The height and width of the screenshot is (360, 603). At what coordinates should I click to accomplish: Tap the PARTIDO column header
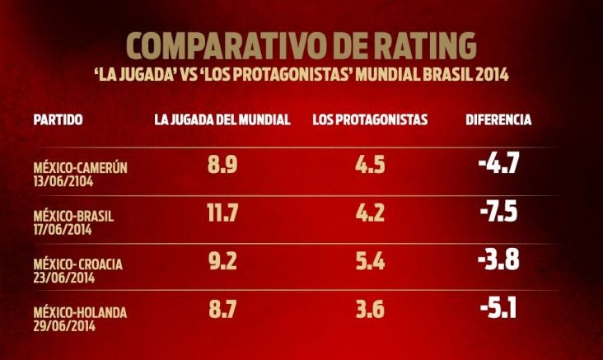58,119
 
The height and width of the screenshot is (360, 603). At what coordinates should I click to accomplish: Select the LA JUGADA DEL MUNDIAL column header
222,119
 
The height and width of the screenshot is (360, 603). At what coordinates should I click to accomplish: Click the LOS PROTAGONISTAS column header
370,119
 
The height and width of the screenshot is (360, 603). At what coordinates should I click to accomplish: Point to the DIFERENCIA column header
498,119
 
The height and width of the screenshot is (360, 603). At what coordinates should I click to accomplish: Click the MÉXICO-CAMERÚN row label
81,168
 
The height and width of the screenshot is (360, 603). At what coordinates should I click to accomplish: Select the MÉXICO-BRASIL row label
73,216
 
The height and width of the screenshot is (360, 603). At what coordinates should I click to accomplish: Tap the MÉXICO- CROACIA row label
78,264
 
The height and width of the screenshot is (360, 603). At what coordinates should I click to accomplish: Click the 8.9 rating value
222,165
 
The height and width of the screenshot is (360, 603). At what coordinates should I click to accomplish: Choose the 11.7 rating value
222,213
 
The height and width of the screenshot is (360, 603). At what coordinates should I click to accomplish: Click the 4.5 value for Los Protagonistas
370,165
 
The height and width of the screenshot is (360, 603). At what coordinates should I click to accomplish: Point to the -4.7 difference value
498,162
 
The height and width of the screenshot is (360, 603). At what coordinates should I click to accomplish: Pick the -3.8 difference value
498,260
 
